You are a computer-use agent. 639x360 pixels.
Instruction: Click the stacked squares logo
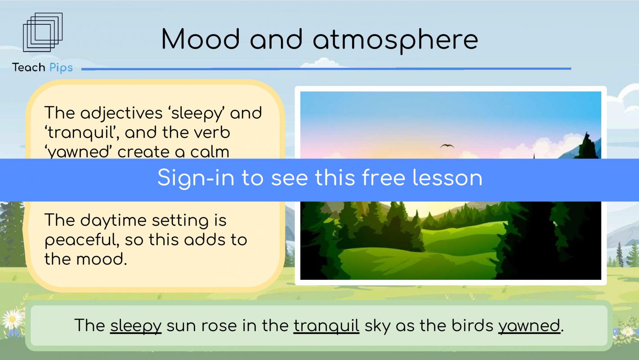click(43, 32)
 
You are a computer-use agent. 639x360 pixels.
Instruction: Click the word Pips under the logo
click(61, 68)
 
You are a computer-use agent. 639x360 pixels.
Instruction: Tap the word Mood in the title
click(201, 39)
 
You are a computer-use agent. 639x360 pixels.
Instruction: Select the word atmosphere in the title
click(395, 40)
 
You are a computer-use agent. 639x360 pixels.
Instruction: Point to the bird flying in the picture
click(447, 146)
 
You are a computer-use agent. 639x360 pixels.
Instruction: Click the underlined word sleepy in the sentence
click(136, 326)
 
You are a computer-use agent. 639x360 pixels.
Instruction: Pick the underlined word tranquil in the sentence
click(326, 326)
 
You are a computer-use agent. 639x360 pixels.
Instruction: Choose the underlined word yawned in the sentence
click(529, 326)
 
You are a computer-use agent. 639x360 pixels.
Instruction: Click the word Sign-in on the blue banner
click(196, 178)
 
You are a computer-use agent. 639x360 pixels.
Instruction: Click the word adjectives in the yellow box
click(121, 113)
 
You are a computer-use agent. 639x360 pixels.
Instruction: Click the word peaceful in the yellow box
click(81, 240)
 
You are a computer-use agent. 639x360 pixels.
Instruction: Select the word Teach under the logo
click(28, 67)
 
